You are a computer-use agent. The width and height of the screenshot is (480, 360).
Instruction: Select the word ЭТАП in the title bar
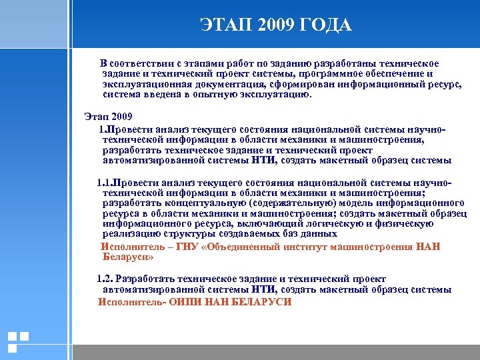click(225, 25)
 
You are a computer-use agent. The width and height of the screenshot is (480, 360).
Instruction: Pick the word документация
click(230, 84)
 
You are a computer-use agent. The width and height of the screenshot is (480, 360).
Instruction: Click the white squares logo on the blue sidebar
click(18, 342)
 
